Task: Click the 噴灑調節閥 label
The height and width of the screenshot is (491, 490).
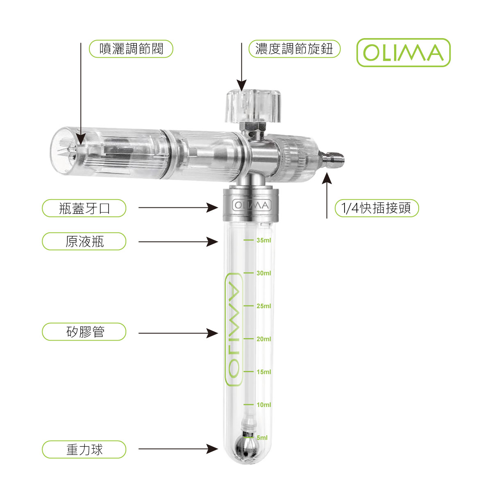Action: [131, 49]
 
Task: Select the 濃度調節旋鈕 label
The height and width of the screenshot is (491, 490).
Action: [294, 49]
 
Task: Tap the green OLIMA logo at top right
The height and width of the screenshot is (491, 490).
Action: [403, 52]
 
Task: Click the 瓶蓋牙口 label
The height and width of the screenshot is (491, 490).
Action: [84, 208]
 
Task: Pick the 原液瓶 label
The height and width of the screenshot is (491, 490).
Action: [84, 241]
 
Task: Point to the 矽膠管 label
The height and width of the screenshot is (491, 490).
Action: [84, 332]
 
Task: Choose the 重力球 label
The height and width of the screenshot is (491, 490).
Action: [84, 450]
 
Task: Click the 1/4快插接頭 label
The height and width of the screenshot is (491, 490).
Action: [377, 208]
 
